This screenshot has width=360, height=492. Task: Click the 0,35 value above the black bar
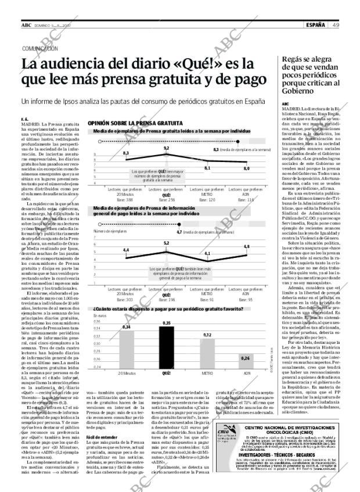point(167,322)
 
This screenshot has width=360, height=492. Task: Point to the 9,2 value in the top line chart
point(166,149)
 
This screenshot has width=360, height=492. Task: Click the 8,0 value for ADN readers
point(246,168)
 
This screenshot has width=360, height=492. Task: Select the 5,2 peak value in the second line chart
point(166,243)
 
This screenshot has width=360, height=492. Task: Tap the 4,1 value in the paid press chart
point(207,254)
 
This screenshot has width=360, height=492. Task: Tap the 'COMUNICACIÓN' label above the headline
point(41,49)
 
